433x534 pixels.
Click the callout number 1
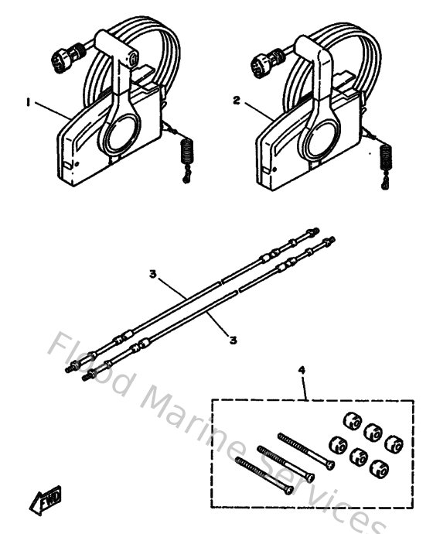[x=29, y=101]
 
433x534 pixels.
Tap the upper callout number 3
[x=153, y=275]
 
